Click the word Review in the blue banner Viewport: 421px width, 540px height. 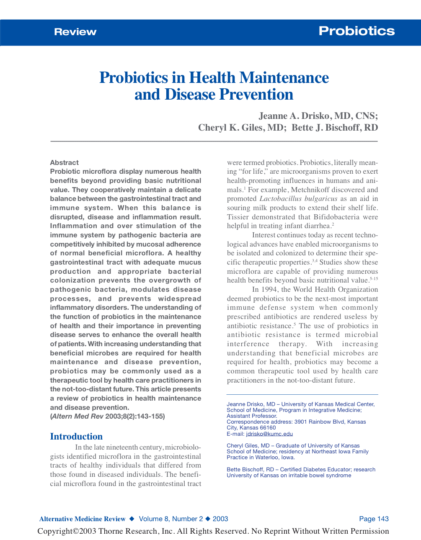point(75,32)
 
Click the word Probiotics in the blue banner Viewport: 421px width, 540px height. point(356,31)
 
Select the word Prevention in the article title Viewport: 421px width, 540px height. point(256,95)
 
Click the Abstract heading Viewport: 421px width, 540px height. point(64,162)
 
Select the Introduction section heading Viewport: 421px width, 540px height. point(76,436)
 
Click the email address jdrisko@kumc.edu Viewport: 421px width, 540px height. point(269,434)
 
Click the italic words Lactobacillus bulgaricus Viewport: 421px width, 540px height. point(298,199)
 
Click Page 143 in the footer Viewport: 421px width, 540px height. point(374,519)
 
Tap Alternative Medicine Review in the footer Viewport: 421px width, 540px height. point(82,519)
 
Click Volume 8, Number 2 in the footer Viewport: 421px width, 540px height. point(171,519)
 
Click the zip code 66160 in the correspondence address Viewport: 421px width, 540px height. point(268,428)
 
